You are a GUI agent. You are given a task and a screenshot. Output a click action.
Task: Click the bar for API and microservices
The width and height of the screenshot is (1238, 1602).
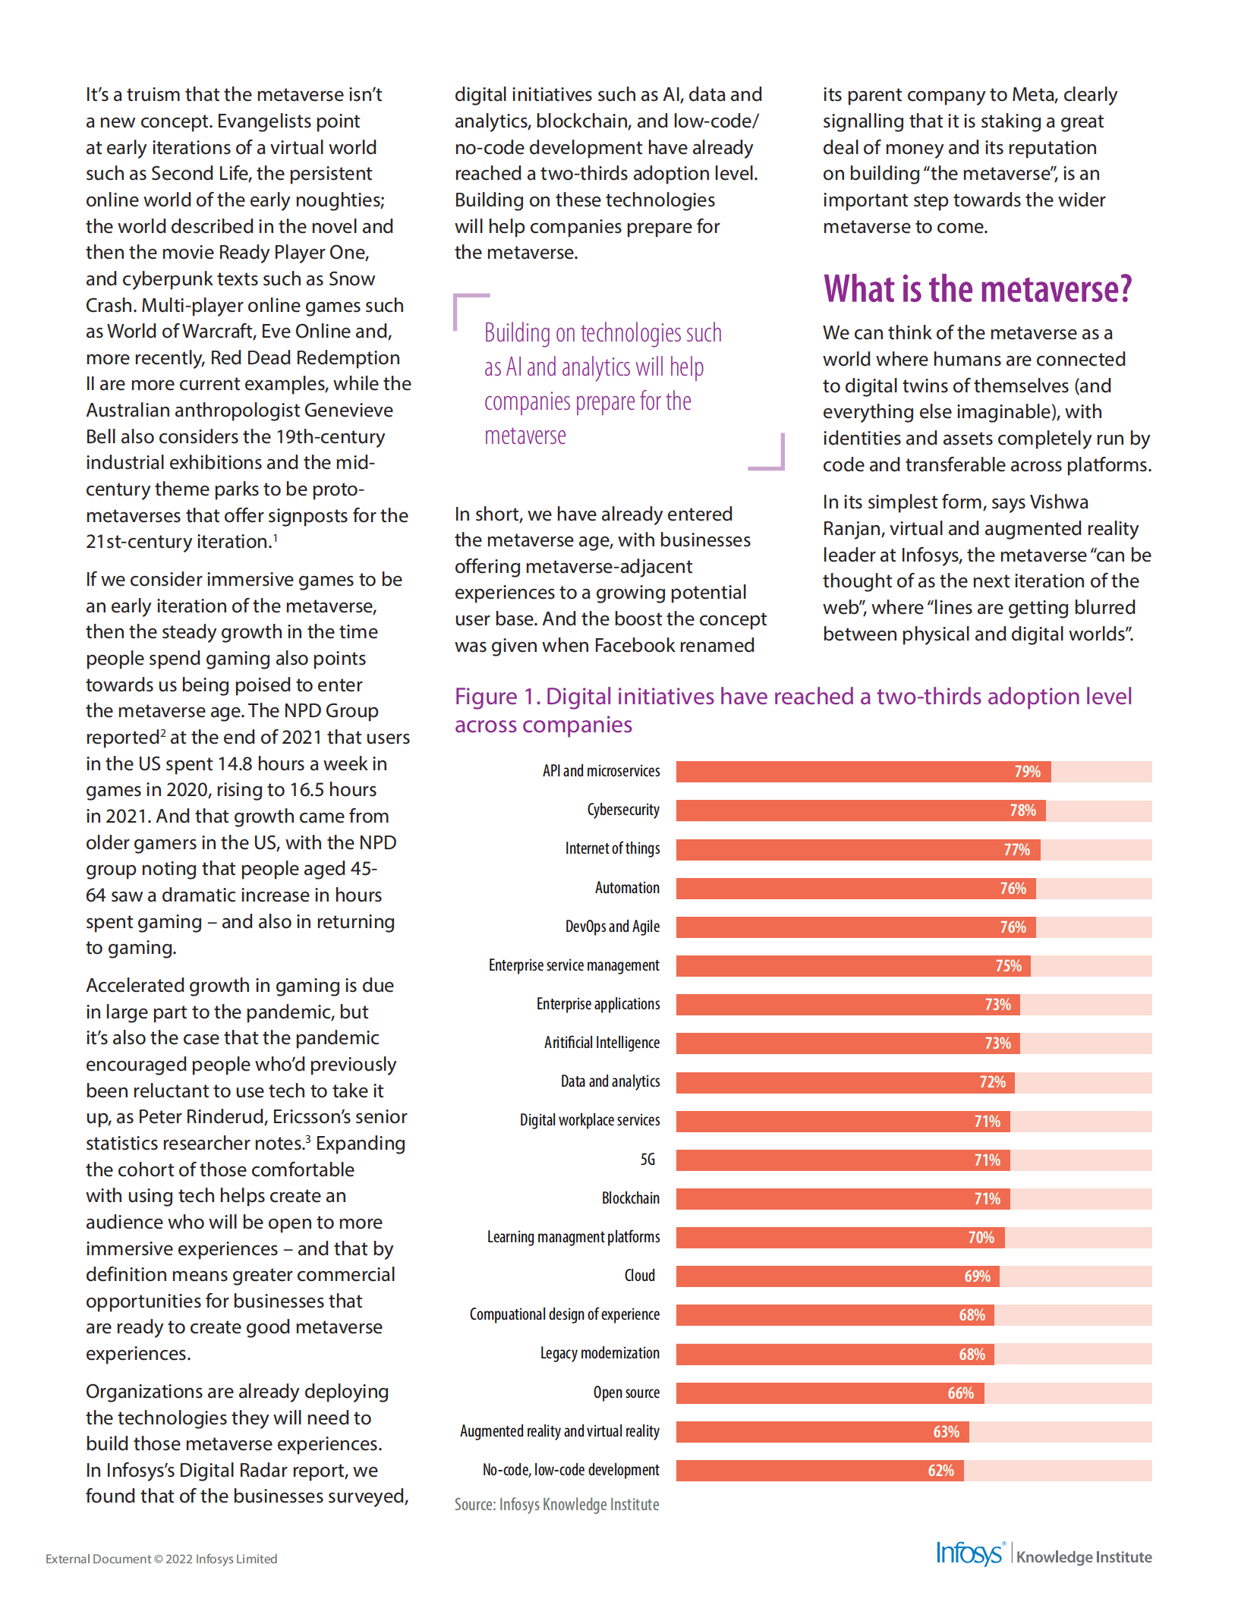(863, 772)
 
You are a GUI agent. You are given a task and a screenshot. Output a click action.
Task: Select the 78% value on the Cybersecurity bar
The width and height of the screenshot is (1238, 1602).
(1022, 810)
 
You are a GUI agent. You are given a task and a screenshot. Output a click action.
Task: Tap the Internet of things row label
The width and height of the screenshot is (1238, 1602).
(612, 848)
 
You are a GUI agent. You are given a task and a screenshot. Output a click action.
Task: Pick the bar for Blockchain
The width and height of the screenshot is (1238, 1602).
(843, 1199)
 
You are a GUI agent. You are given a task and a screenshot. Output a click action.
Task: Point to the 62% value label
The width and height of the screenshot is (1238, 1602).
(940, 1471)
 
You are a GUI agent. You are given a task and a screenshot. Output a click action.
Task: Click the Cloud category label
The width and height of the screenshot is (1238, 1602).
(639, 1276)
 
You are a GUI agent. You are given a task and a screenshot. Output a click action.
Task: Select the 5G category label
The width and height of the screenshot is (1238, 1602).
(647, 1160)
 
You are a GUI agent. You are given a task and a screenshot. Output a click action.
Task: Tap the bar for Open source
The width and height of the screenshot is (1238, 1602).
(830, 1393)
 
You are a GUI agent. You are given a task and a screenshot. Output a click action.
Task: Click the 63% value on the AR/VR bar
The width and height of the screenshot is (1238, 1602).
(946, 1432)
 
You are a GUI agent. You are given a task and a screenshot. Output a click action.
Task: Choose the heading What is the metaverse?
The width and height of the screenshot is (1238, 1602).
(977, 289)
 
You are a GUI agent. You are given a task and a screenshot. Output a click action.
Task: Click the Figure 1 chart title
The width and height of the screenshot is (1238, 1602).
(792, 710)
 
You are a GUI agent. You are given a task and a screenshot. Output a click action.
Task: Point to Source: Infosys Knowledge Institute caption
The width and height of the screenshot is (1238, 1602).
(556, 1505)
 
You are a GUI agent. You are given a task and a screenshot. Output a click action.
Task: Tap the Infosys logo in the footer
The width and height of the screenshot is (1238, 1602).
(969, 1554)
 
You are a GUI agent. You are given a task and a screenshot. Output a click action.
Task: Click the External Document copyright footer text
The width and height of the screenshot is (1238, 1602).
(161, 1559)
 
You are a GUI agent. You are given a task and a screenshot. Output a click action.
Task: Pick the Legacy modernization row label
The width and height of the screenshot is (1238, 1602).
(600, 1353)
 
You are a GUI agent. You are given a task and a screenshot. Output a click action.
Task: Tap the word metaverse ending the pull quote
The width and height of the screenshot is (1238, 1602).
(525, 436)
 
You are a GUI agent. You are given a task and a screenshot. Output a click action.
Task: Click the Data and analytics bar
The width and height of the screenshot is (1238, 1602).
(845, 1082)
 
